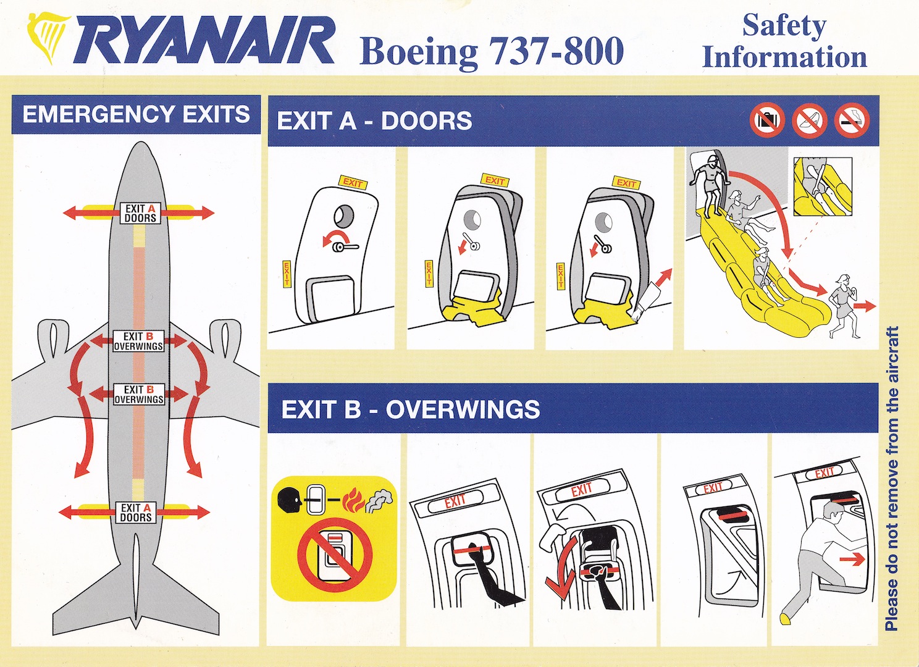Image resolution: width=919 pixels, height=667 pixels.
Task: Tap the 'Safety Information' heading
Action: tap(784, 41)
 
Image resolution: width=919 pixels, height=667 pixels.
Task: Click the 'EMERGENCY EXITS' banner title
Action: tap(136, 114)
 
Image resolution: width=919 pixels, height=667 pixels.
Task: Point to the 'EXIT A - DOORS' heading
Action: tap(374, 121)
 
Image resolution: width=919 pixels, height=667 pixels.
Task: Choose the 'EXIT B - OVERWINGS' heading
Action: tap(410, 409)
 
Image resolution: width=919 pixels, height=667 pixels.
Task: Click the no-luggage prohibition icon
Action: tap(767, 120)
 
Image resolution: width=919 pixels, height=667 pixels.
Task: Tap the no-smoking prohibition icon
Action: tap(852, 121)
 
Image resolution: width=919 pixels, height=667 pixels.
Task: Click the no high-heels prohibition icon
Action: tap(810, 120)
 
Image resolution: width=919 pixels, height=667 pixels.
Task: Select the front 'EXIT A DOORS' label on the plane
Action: tap(140, 213)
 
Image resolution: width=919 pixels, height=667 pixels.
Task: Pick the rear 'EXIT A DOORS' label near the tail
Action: tap(135, 512)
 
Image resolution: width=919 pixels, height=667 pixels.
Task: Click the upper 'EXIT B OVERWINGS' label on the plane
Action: tap(138, 341)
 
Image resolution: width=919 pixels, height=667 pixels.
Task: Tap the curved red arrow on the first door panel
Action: tap(334, 238)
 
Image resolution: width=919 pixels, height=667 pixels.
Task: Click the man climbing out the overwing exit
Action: tap(822, 556)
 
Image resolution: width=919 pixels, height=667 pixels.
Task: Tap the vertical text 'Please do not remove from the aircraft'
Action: tap(892, 479)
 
